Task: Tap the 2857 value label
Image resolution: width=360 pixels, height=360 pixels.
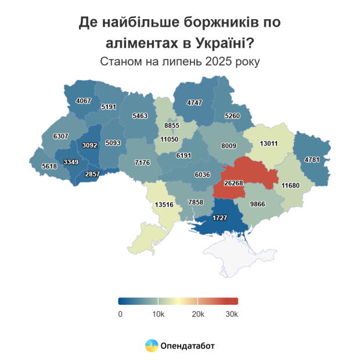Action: [93, 174]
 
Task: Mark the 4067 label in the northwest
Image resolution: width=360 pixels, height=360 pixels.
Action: [84, 101]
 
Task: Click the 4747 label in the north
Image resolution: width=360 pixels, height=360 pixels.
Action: [195, 103]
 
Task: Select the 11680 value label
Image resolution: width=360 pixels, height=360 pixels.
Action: [290, 186]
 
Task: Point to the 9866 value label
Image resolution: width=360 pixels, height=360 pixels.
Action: [257, 204]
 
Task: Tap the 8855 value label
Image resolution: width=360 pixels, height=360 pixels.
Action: [172, 125]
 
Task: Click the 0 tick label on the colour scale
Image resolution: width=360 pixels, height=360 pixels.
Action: [120, 314]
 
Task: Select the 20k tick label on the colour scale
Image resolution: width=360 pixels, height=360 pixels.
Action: [198, 314]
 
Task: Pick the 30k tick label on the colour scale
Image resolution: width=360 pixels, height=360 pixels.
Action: [232, 314]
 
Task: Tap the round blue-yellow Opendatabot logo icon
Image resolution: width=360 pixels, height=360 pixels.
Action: [151, 345]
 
